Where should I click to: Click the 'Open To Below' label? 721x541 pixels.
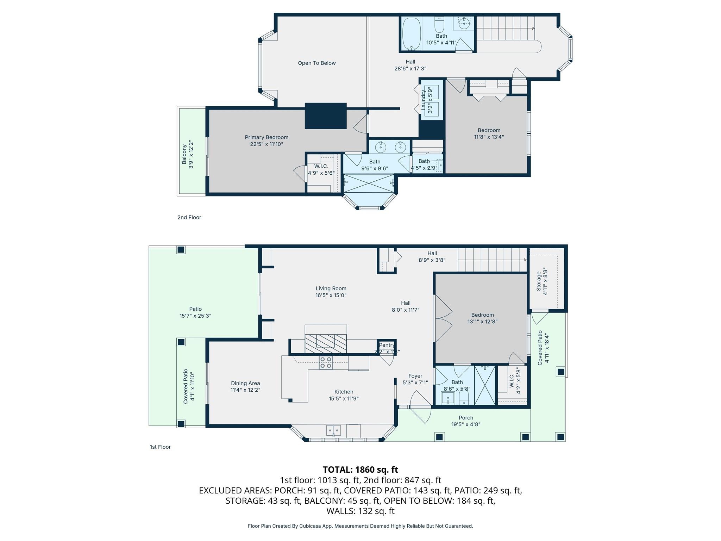316,63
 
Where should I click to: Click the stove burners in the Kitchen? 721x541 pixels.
326,362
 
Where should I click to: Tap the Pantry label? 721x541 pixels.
387,345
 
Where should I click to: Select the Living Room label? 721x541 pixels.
331,288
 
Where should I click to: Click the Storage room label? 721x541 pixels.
539,281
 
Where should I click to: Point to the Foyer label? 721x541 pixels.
415,376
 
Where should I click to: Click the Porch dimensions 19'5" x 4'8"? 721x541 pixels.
466,424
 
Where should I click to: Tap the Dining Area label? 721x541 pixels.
245,383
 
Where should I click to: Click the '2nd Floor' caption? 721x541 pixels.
189,217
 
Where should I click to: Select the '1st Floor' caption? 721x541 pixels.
160,447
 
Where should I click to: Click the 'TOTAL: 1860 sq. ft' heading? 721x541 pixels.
360,470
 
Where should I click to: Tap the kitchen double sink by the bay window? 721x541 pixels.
333,430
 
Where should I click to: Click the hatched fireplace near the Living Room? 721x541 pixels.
326,343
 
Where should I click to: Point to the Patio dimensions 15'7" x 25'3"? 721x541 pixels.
195,316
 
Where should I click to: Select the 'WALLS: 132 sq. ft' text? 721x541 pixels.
360,511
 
